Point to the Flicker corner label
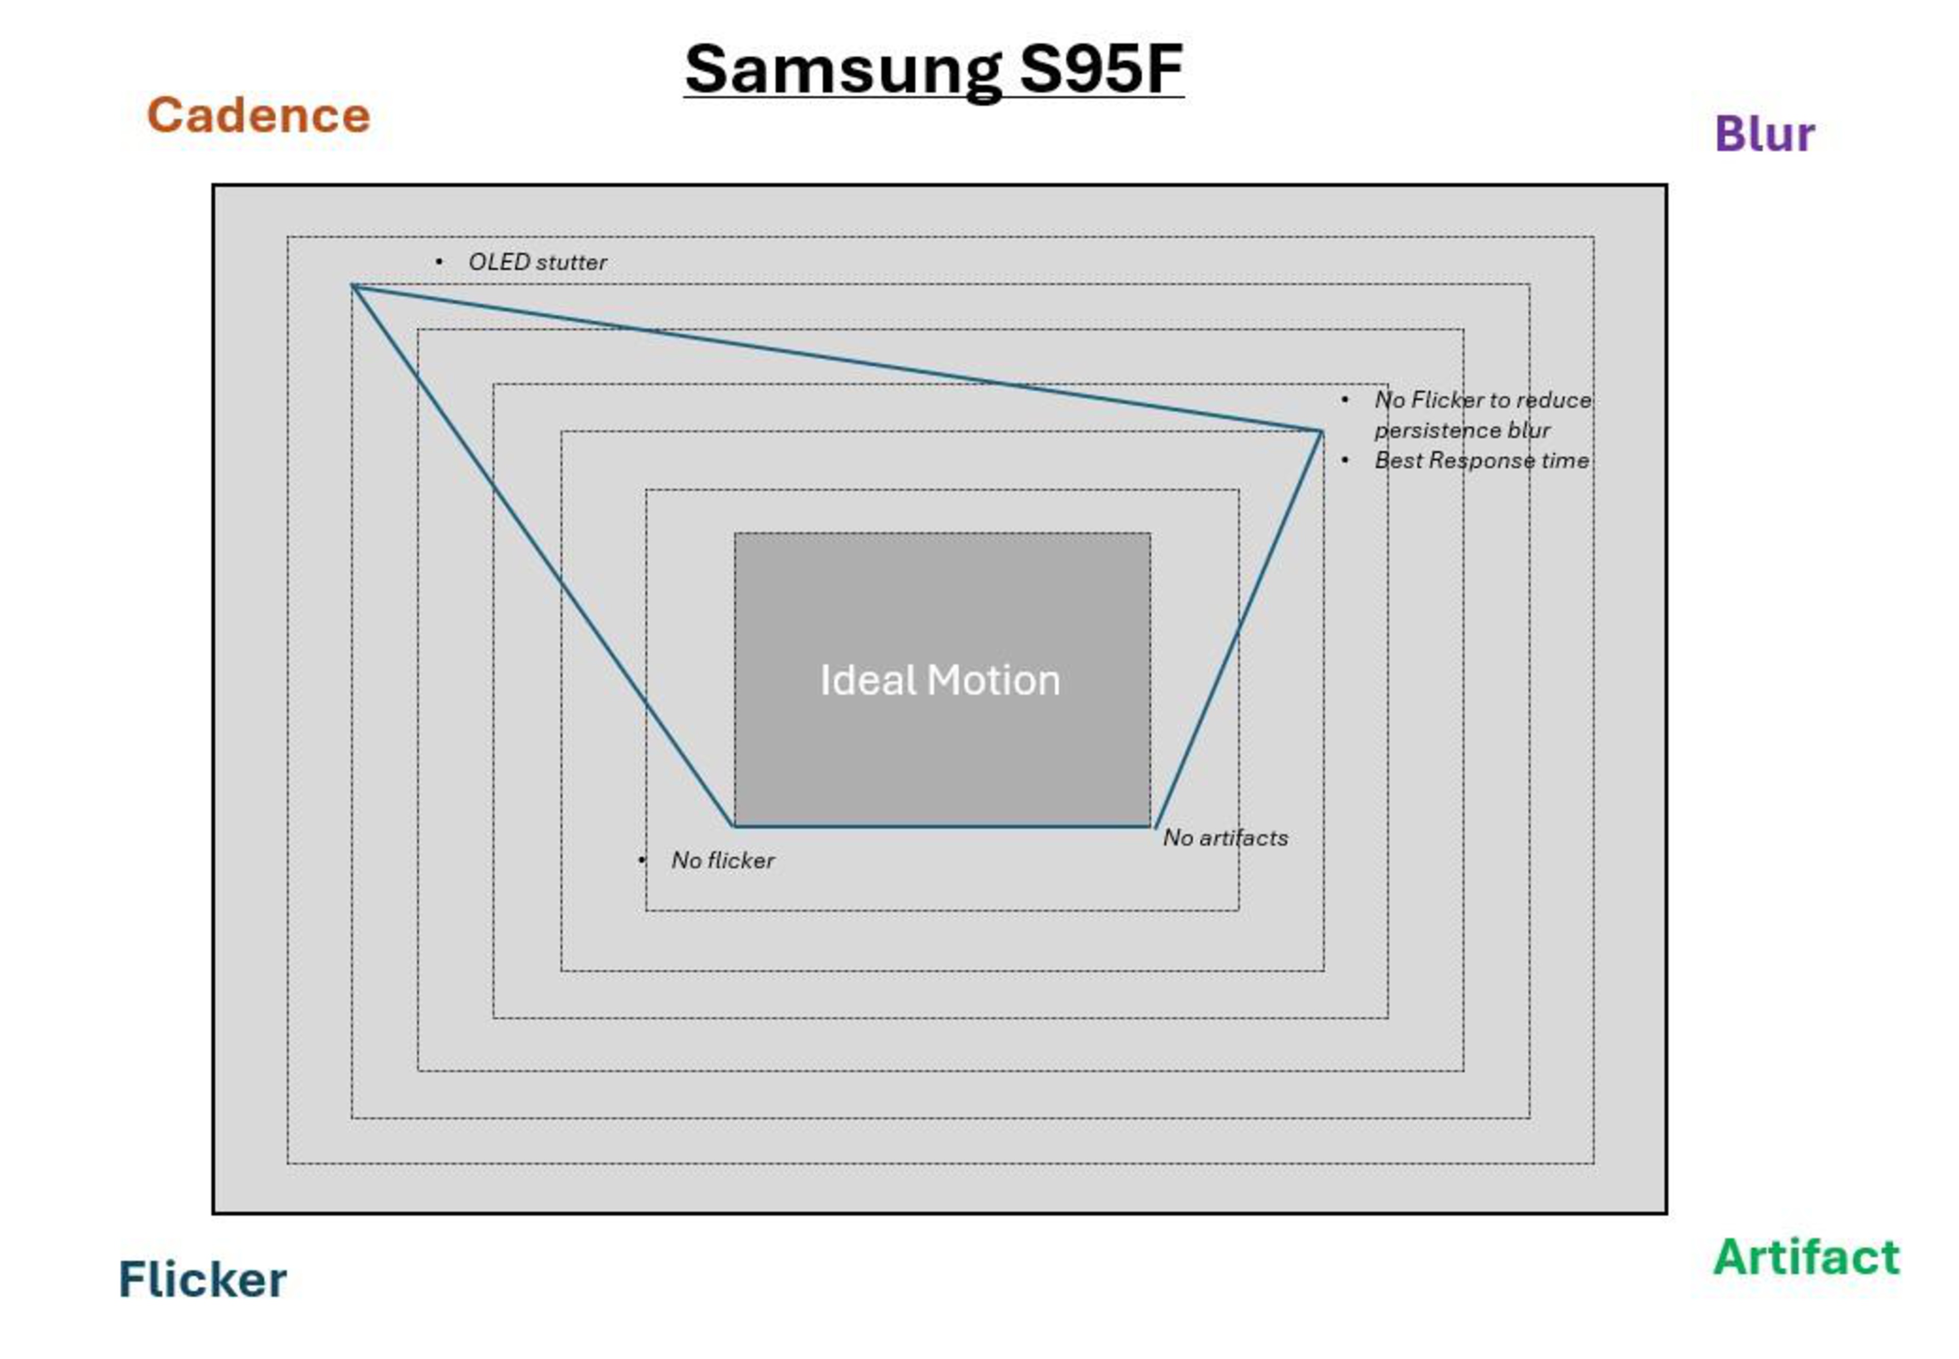click(202, 1279)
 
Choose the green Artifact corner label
click(1806, 1257)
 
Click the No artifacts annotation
click(1224, 838)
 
